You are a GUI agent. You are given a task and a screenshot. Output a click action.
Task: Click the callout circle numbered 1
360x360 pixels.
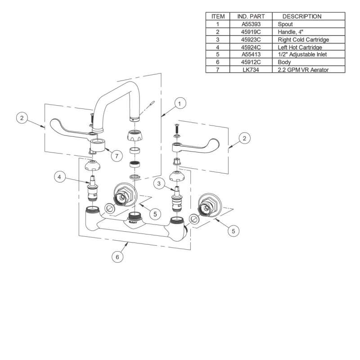click(179, 104)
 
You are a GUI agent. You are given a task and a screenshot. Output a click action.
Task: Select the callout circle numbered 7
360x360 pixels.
click(116, 156)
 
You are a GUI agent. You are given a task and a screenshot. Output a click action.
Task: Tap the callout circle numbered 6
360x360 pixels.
click(117, 257)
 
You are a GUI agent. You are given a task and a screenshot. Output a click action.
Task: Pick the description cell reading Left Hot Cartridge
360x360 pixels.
click(299, 47)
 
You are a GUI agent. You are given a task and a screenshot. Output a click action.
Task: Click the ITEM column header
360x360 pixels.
click(218, 16)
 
